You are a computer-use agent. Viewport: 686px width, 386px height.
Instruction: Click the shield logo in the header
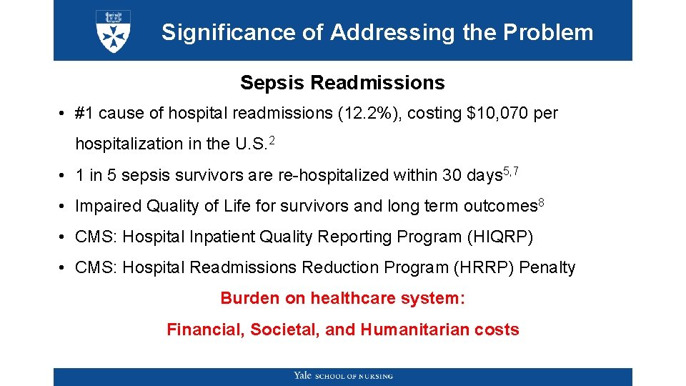[x=113, y=31]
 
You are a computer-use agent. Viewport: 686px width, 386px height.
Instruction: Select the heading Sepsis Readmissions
[x=342, y=83]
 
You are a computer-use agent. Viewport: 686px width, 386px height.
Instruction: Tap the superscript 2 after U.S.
[x=271, y=139]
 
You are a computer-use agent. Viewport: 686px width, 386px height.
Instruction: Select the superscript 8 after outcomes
[x=541, y=202]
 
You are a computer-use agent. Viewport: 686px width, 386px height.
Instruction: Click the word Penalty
[x=547, y=267]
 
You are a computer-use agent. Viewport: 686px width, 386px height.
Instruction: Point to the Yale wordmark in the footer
[x=302, y=376]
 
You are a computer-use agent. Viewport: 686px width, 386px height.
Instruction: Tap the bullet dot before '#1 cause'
[x=64, y=114]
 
